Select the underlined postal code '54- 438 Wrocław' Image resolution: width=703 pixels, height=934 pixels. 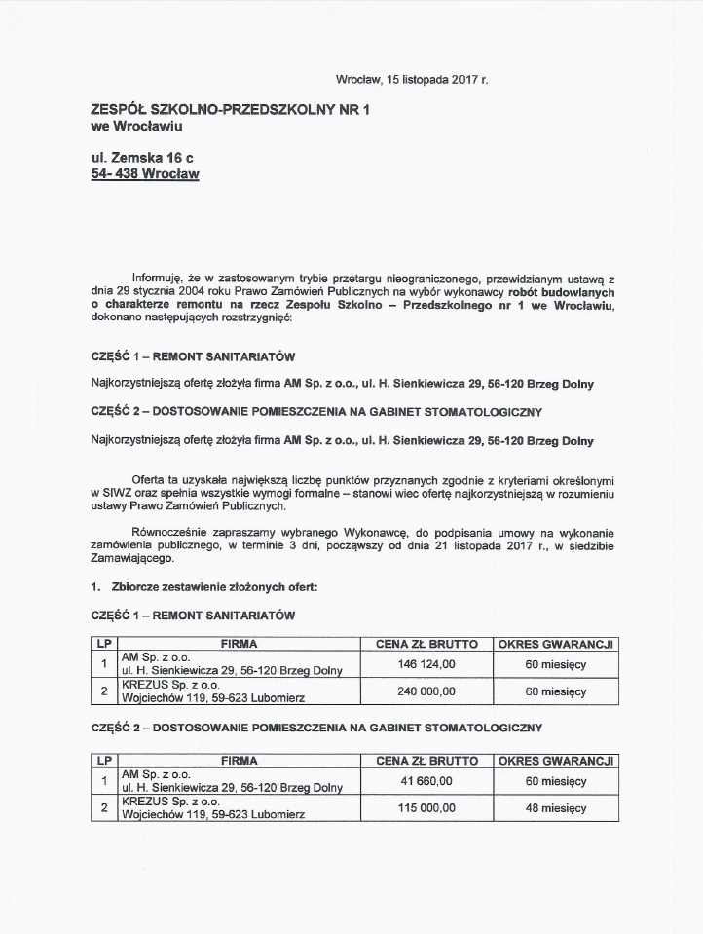tap(144, 175)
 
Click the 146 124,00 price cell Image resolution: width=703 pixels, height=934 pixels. tap(426, 664)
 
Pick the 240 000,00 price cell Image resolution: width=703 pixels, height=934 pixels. tap(426, 691)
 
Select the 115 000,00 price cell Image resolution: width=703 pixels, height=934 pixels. tap(426, 808)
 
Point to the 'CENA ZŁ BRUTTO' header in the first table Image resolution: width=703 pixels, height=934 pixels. tap(426, 644)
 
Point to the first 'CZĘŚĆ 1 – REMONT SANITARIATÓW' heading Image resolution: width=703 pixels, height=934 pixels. tap(192, 356)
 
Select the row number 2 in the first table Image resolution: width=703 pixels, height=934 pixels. tap(103, 691)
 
